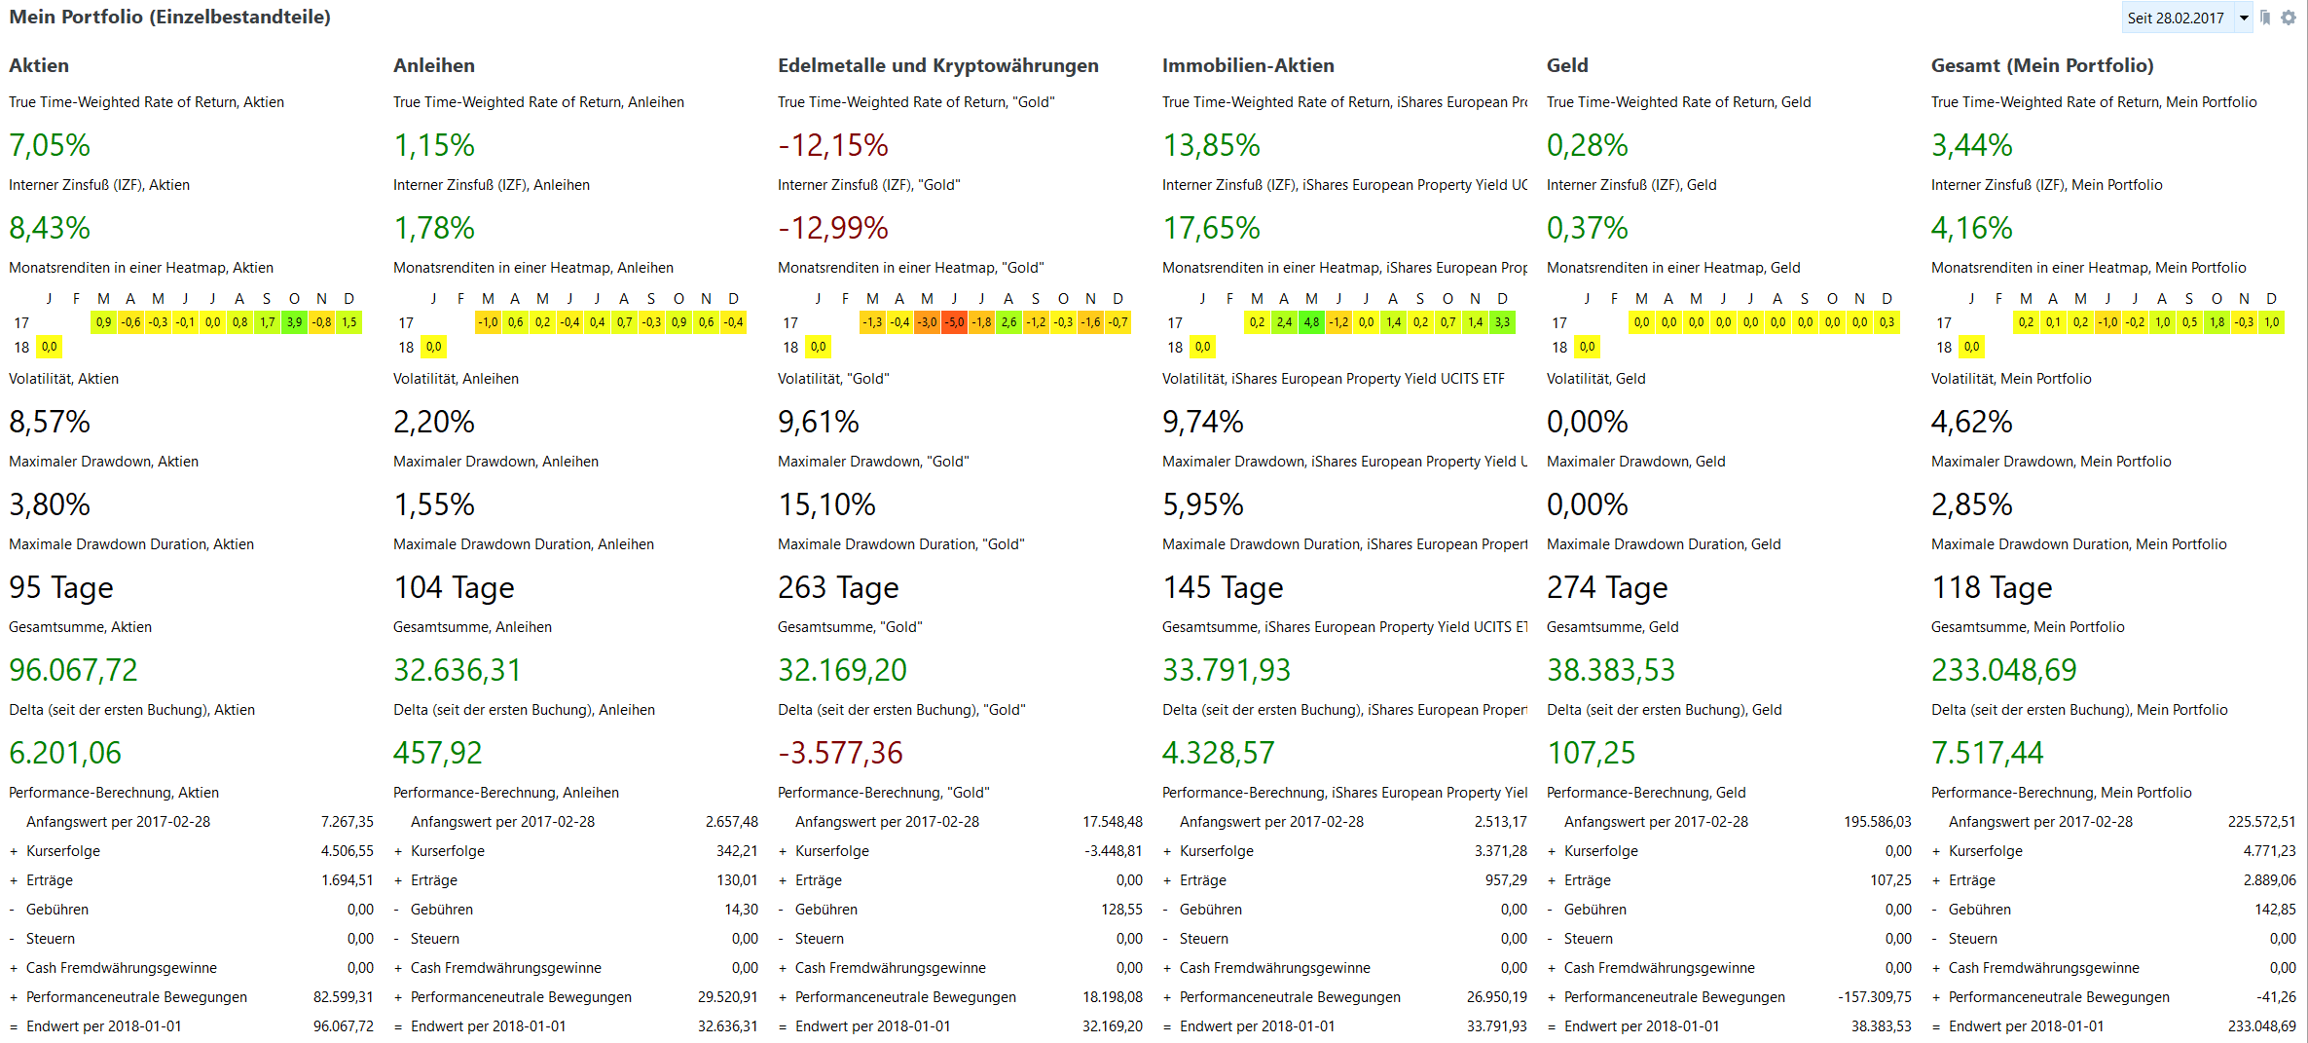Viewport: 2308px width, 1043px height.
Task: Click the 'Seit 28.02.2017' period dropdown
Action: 2186,18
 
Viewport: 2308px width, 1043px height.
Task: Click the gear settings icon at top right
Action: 2289,18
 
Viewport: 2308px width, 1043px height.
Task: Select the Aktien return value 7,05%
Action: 50,145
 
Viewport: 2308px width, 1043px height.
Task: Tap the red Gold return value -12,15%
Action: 833,145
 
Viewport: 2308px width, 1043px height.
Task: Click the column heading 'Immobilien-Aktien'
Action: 1248,65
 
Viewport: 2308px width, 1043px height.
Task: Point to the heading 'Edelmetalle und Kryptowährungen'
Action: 937,65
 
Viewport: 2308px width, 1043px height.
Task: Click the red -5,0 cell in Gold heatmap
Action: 955,322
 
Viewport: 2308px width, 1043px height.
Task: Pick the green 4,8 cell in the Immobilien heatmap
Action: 1312,322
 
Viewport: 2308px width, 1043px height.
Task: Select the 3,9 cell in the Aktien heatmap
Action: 294,322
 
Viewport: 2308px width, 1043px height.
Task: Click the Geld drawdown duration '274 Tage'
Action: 1607,587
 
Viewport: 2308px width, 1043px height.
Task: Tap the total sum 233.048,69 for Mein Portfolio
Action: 2003,670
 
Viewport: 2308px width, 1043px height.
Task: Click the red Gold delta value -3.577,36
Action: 840,753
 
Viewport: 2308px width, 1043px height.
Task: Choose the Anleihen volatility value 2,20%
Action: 434,422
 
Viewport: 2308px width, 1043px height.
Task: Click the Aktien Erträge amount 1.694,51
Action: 348,880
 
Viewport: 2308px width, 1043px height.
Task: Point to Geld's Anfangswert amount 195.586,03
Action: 1877,822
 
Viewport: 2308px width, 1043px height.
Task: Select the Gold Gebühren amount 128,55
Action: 1121,910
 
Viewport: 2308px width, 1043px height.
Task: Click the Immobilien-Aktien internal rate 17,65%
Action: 1211,228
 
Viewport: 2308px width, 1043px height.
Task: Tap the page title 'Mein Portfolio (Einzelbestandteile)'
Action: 170,17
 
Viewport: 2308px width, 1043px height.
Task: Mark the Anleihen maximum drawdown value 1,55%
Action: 434,504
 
